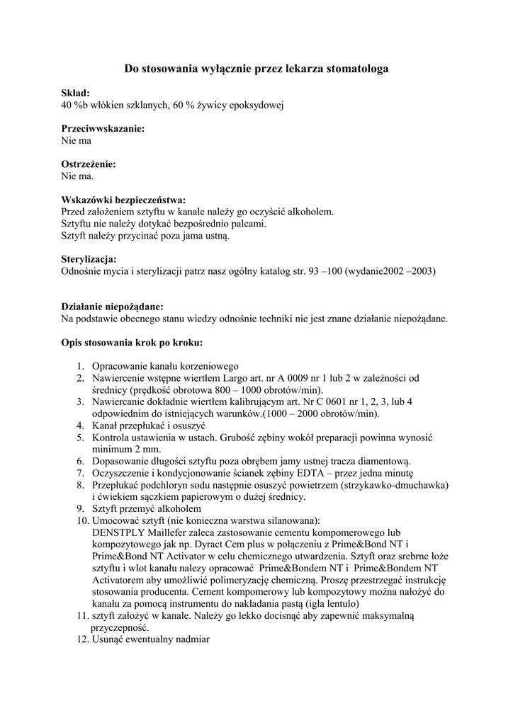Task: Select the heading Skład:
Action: point(76,93)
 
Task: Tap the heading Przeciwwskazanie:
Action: point(103,129)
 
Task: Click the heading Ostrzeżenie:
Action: point(89,164)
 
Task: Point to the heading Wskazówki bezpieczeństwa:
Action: point(124,200)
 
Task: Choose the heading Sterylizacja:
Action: point(89,259)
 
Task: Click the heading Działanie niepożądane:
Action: point(113,307)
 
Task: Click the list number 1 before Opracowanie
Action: point(80,366)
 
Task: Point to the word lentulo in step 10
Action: point(342,604)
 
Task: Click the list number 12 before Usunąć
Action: point(80,639)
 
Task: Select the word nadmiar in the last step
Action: point(191,639)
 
